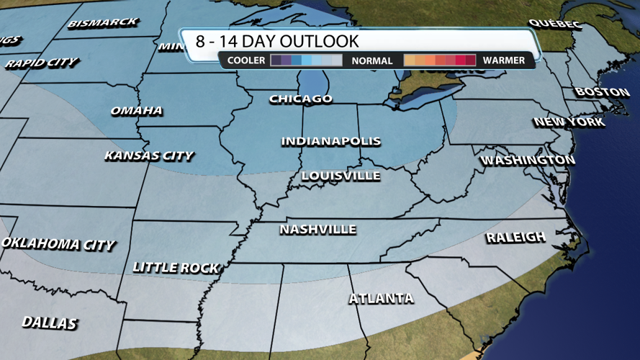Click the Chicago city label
click(x=301, y=99)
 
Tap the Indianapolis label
click(x=330, y=141)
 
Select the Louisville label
click(x=341, y=176)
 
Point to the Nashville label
click(x=317, y=230)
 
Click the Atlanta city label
click(x=381, y=298)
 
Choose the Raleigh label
click(x=515, y=238)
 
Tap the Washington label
click(x=528, y=160)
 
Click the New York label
click(x=569, y=122)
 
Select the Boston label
click(x=602, y=92)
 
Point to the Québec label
click(x=554, y=24)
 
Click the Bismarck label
click(x=103, y=23)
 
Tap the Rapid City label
click(x=42, y=63)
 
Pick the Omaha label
click(x=136, y=111)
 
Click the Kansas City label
click(x=148, y=156)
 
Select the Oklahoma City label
click(x=58, y=244)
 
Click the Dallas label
click(x=49, y=323)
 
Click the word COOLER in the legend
click(x=246, y=60)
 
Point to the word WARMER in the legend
click(x=504, y=60)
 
